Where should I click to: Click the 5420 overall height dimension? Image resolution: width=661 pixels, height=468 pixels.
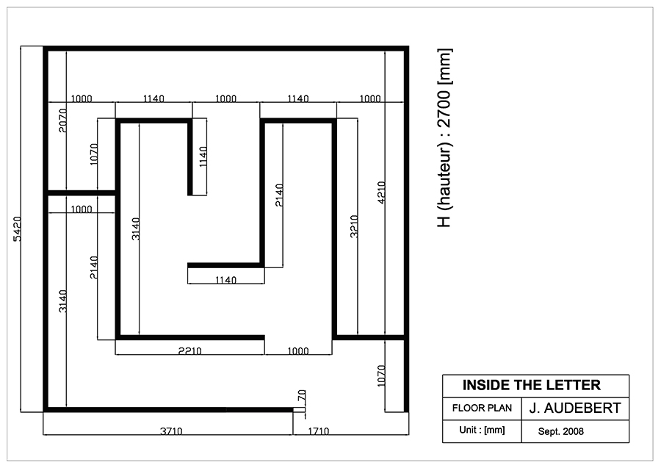pyautogui.click(x=18, y=229)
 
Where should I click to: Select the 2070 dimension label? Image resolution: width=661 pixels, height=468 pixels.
pyautogui.click(x=63, y=120)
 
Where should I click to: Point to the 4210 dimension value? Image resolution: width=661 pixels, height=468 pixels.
pyautogui.click(x=381, y=192)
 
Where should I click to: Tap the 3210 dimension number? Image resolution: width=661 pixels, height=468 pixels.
pyautogui.click(x=354, y=226)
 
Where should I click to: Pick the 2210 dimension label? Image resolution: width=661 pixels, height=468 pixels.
pyautogui.click(x=190, y=350)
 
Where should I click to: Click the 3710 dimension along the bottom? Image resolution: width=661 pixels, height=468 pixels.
pyautogui.click(x=171, y=431)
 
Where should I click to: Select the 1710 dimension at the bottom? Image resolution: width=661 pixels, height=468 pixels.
pyautogui.click(x=318, y=431)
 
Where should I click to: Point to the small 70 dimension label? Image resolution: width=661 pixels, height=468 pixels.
pyautogui.click(x=302, y=395)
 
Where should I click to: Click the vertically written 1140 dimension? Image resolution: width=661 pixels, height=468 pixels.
pyautogui.click(x=203, y=156)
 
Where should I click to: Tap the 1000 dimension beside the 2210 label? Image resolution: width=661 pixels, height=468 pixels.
pyautogui.click(x=298, y=350)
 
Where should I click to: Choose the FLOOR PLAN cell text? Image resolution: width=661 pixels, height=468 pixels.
pyautogui.click(x=482, y=408)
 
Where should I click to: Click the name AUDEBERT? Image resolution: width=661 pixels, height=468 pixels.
pyautogui.click(x=583, y=408)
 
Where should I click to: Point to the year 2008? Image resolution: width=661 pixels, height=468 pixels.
pyautogui.click(x=574, y=431)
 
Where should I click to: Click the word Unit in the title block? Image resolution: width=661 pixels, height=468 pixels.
pyautogui.click(x=469, y=430)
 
